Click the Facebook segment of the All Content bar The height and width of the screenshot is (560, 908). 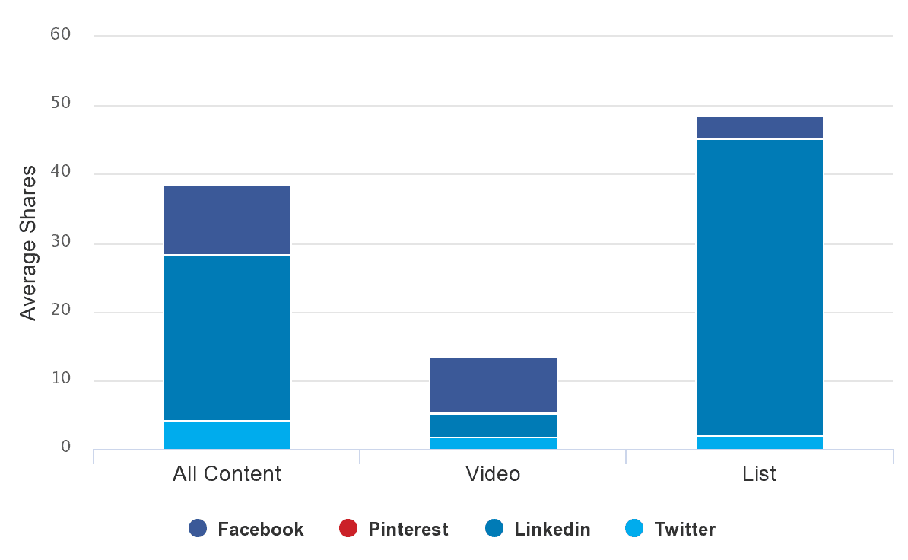point(227,220)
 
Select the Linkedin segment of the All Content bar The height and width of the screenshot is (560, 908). point(227,337)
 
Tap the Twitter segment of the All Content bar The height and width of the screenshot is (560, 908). point(227,435)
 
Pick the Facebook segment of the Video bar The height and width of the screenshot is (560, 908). point(493,385)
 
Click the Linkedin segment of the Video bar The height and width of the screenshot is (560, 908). point(493,425)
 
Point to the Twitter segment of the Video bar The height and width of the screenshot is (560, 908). point(493,444)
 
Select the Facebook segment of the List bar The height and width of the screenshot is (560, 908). point(759,128)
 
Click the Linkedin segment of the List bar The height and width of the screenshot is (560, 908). point(759,288)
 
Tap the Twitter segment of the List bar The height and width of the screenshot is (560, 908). point(759,443)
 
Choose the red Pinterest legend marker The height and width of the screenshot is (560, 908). point(348,529)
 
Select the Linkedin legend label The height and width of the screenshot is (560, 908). point(552,529)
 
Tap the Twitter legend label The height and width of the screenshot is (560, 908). point(684,529)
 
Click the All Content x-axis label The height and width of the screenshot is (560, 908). point(227,474)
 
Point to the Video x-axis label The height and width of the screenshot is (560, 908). point(493,474)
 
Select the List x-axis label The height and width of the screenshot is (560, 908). point(759,474)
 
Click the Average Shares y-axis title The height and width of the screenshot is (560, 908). point(28,242)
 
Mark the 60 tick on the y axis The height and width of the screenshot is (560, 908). point(61,34)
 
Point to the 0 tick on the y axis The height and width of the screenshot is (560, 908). point(66,447)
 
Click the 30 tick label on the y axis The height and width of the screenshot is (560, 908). point(61,241)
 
